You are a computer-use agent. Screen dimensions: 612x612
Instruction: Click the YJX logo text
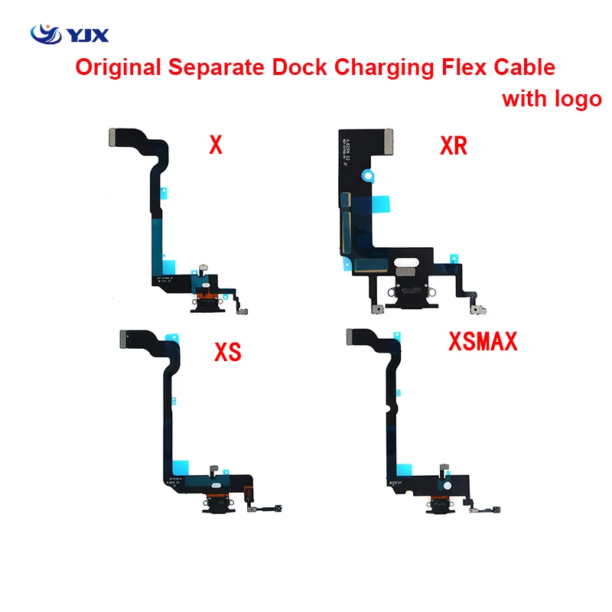point(89,35)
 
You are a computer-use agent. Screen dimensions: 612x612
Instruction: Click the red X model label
point(216,145)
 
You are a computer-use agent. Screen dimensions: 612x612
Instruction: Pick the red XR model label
point(454,145)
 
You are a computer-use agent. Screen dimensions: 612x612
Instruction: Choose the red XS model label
point(228,352)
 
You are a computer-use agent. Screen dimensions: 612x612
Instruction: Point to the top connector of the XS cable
point(125,337)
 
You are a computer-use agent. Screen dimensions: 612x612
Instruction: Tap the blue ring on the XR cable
point(369,175)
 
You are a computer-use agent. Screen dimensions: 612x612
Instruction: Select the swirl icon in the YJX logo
point(44,34)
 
